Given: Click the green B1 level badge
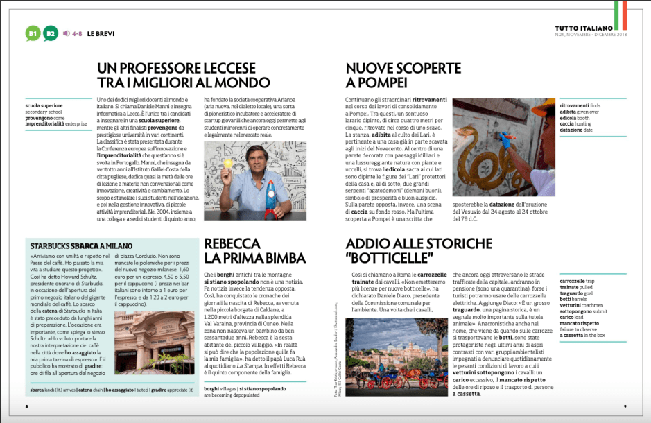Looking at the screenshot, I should click(33, 33).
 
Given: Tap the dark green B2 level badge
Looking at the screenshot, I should click(50, 33).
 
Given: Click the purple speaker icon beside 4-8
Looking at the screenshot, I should click(66, 33).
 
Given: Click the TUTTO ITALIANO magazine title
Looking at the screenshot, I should click(589, 28).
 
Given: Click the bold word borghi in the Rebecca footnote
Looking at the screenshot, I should click(212, 389).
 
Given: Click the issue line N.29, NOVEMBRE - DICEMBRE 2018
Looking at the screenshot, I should click(590, 35).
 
